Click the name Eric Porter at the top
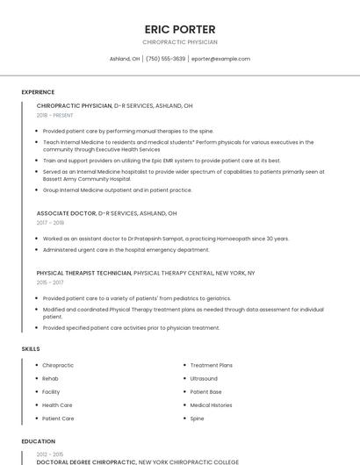pos(180,29)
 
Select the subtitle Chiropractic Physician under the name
pos(180,42)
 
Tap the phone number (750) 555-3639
pos(166,59)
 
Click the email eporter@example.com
pos(220,59)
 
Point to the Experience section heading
pos(38,92)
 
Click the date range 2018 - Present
pos(55,115)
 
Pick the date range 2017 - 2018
pos(50,223)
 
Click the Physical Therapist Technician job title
pos(84,273)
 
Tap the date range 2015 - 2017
pos(50,283)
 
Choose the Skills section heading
pos(31,349)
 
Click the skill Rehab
pos(51,378)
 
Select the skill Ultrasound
pos(204,378)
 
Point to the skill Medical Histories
pos(211,405)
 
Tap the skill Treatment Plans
pos(211,365)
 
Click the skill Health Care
pos(58,405)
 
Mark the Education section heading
pos(39,441)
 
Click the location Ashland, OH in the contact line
pos(125,59)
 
